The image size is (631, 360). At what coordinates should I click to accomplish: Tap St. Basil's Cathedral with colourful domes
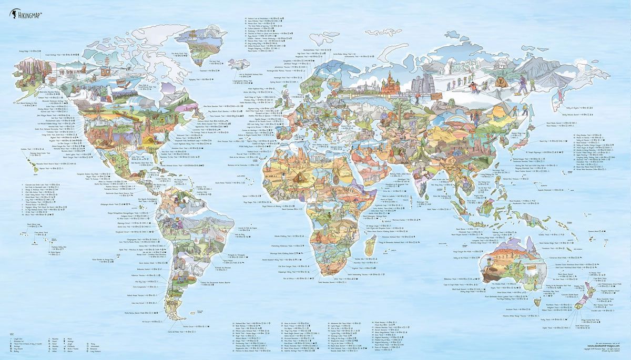point(390,83)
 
